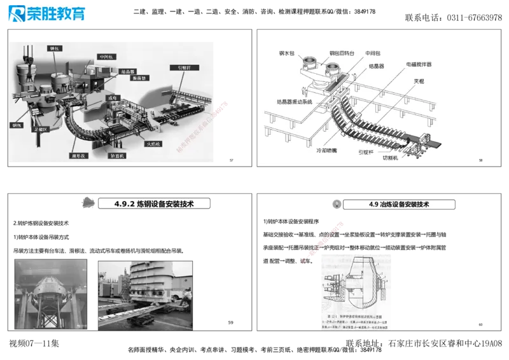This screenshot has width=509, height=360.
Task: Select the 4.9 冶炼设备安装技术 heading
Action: tap(398, 205)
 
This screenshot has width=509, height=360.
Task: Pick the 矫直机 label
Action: tap(118, 155)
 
